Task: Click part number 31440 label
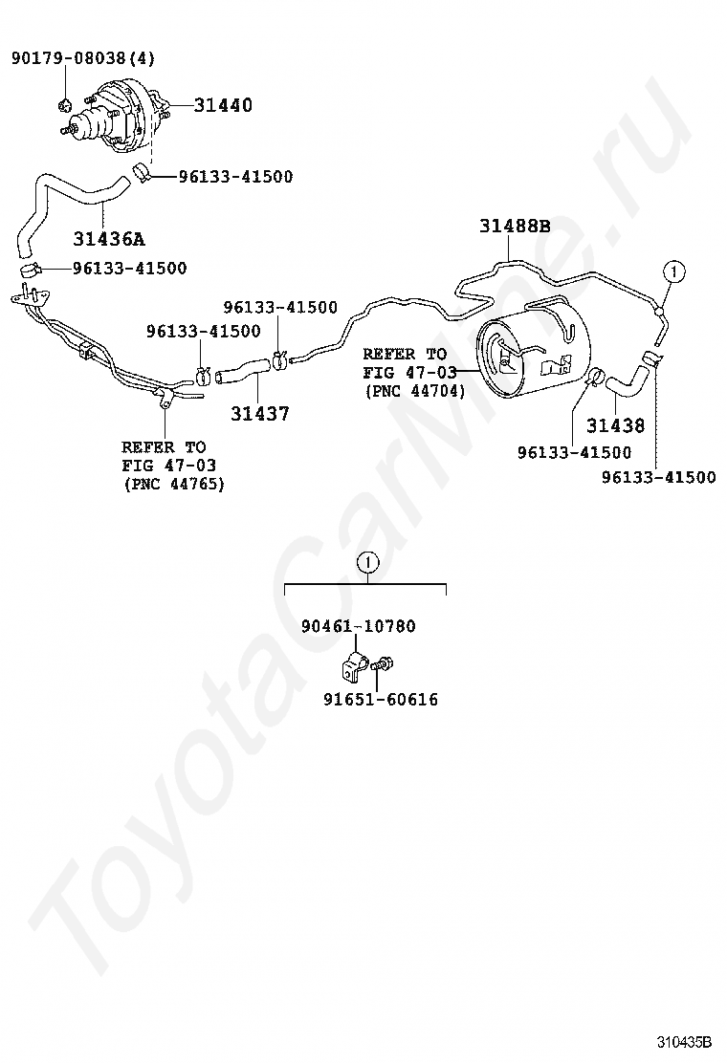pos(223,105)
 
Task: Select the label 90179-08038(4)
pos(82,58)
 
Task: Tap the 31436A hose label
pos(117,238)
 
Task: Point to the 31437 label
pos(259,414)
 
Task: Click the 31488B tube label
pos(515,227)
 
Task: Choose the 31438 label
pos(615,425)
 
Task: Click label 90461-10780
pos(358,626)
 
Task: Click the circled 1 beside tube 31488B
pos(673,272)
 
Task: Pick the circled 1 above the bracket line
pos(368,562)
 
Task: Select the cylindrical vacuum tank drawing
pos(533,348)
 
